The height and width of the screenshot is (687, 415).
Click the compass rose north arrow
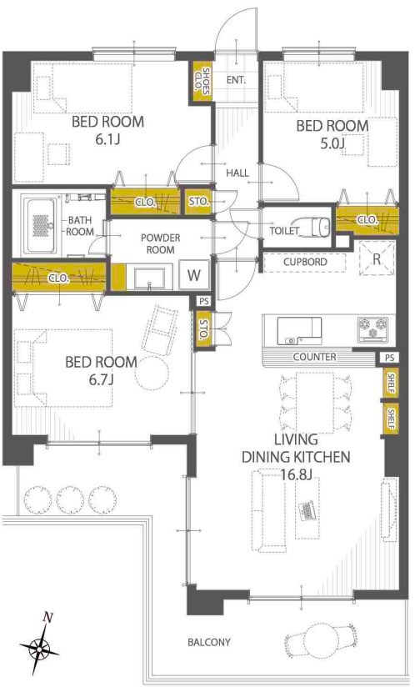point(39,644)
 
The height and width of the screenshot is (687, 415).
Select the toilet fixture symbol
point(315,225)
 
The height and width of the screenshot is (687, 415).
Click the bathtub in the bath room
point(40,225)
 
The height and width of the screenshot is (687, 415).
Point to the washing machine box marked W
point(194,275)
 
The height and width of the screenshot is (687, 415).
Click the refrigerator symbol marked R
point(377,258)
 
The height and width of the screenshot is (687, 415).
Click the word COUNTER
point(315,357)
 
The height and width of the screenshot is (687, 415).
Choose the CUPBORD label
point(305,262)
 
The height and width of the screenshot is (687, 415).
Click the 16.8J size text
point(297,474)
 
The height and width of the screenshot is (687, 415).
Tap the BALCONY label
point(209,642)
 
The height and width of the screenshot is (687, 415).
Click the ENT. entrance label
point(236,81)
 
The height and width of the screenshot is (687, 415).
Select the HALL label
point(237,173)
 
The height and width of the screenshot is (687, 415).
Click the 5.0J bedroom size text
point(333,143)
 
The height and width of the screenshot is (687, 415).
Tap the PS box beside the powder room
point(204,301)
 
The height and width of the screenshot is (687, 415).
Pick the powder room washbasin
point(150,278)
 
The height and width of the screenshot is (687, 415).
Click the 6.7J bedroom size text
point(101,379)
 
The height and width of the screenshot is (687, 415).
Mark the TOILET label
point(284,231)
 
